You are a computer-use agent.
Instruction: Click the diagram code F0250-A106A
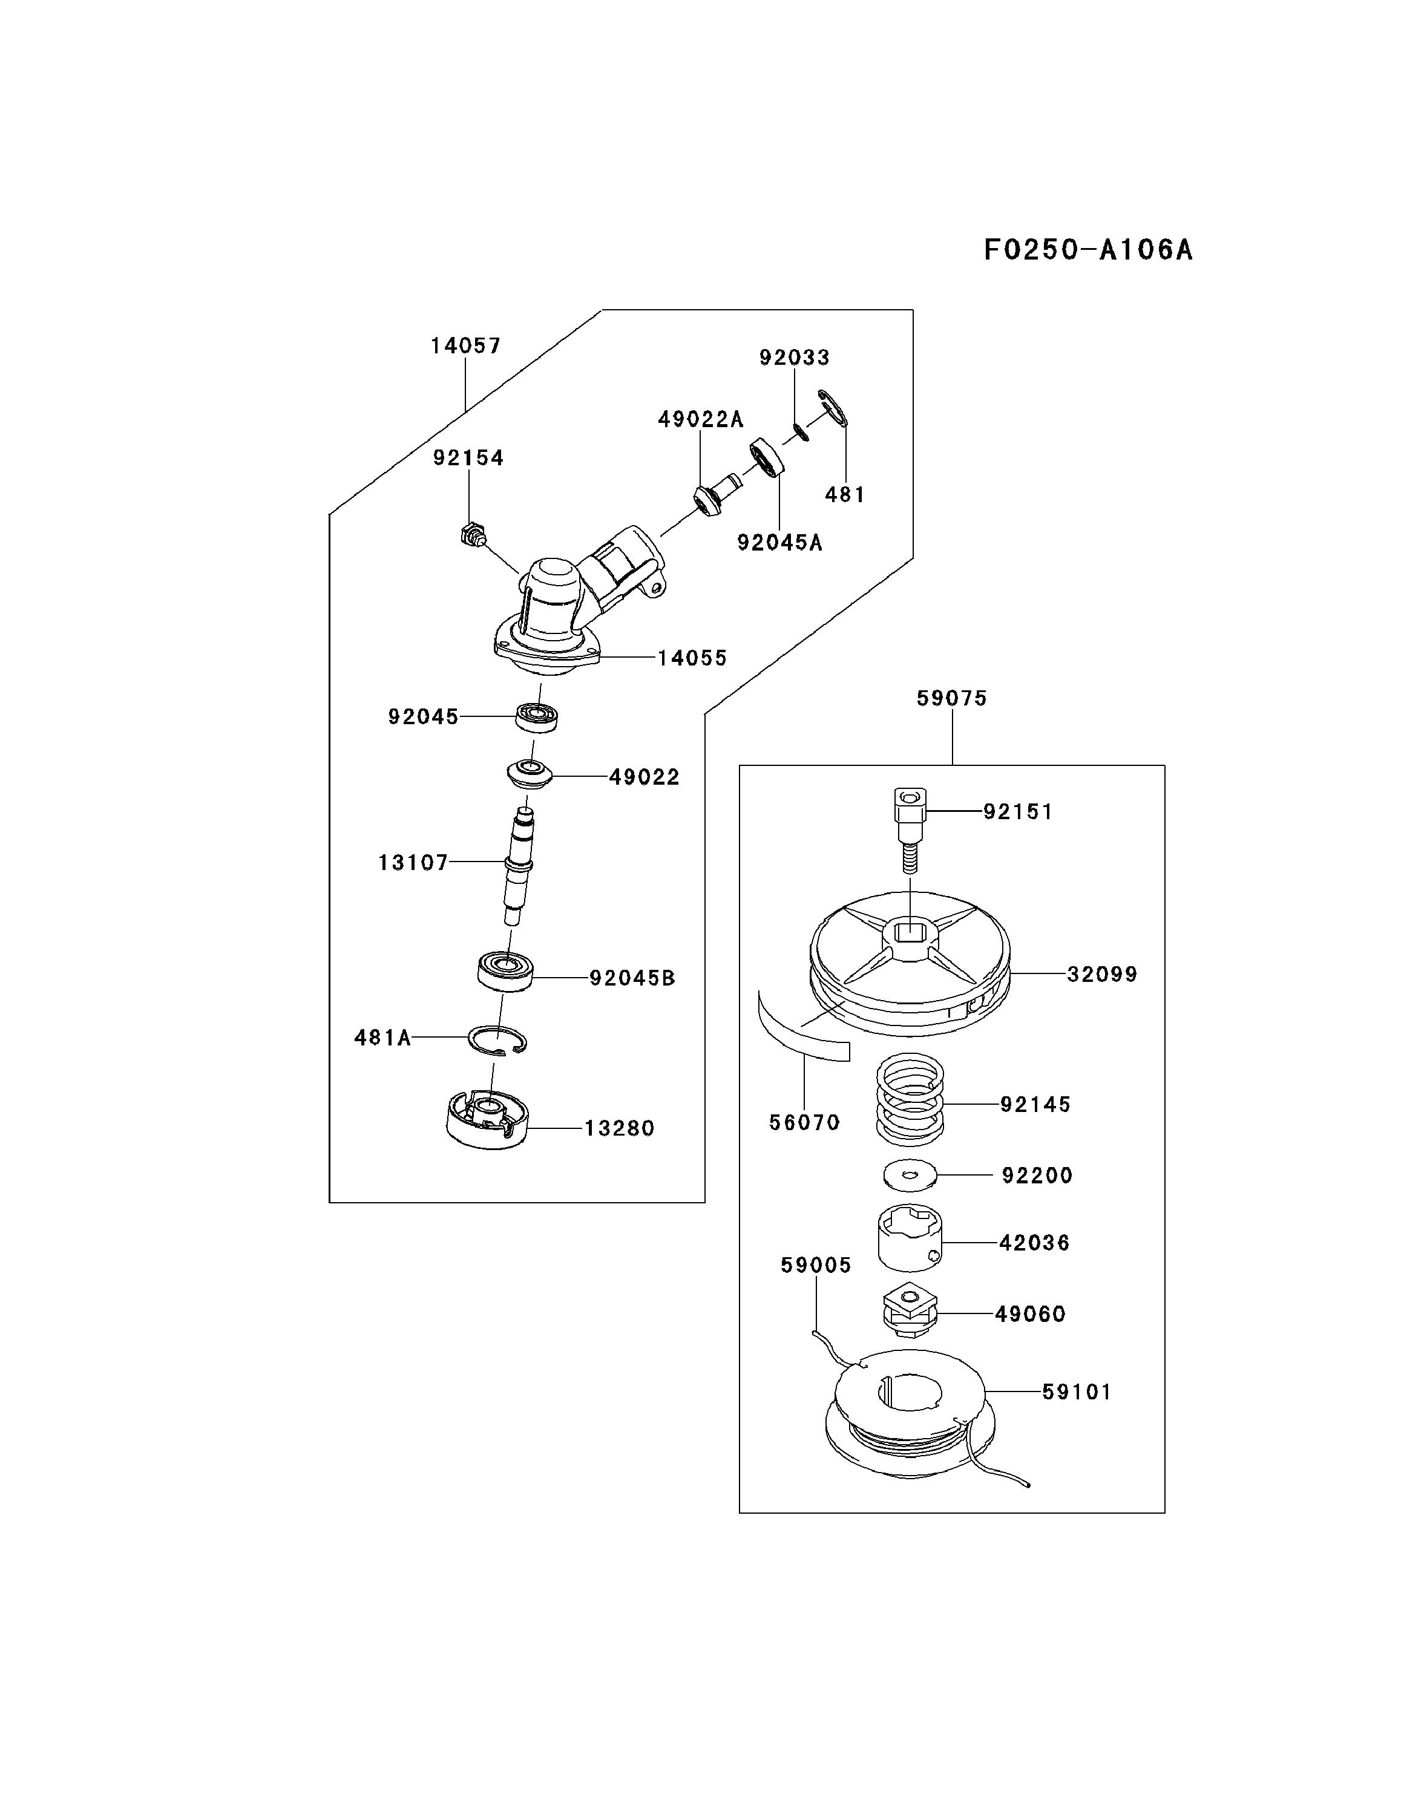click(1087, 249)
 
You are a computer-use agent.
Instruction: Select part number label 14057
click(465, 345)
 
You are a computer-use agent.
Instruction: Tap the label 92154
click(468, 458)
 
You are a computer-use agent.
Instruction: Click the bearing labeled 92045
click(536, 716)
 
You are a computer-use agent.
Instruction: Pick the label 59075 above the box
click(952, 698)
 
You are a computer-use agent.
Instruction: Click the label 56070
click(804, 1123)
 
